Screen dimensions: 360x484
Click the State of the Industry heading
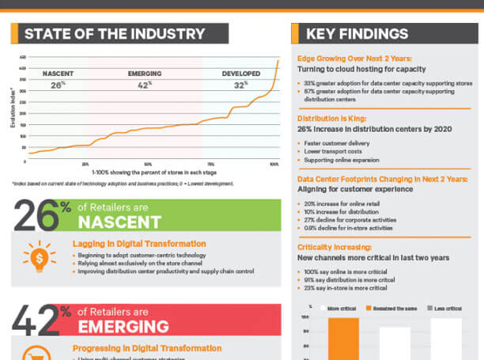click(115, 34)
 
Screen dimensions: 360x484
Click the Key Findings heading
click(357, 34)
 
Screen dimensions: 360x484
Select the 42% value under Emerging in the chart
click(144, 85)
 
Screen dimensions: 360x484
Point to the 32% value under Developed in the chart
click(240, 85)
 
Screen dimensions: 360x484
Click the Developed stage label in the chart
click(240, 74)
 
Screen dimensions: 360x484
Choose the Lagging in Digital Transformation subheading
click(139, 244)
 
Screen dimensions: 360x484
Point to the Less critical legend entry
click(446, 306)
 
